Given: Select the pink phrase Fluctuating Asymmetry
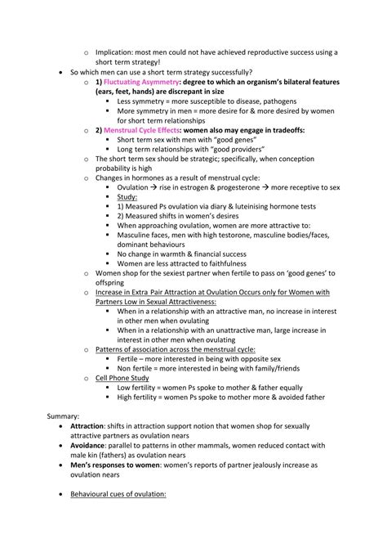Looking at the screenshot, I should point(144,82).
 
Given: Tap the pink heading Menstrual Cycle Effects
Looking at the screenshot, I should point(147,129).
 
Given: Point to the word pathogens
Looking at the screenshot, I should point(273,101).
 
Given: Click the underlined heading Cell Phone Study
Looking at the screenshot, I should point(123,378).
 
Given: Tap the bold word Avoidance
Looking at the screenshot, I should point(95,444).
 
